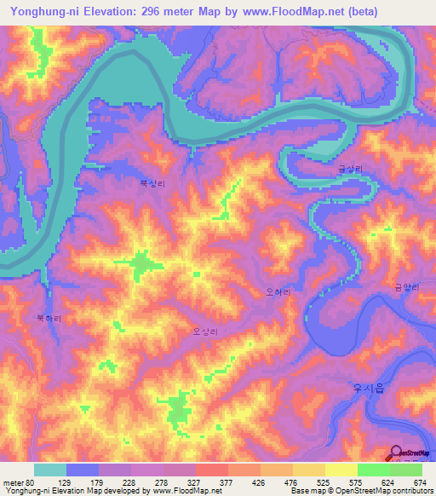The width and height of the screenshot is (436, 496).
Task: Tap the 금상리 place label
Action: [348, 170]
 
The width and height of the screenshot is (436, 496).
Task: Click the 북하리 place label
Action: [48, 317]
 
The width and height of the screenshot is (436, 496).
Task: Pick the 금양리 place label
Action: [406, 288]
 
